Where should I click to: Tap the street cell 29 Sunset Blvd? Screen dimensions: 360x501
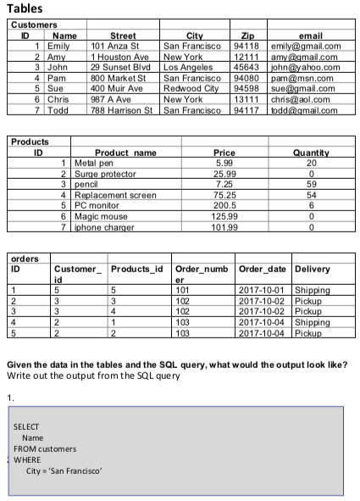(x=119, y=67)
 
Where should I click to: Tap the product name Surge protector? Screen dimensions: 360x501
(x=105, y=174)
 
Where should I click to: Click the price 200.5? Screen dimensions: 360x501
(x=224, y=205)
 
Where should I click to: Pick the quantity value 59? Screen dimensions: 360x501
(x=310, y=184)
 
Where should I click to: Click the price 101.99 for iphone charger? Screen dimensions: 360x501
(x=224, y=226)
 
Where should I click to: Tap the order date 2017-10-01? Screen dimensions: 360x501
(x=264, y=291)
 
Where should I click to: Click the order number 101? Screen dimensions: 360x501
(x=183, y=291)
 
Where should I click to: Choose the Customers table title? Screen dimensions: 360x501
(x=34, y=25)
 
